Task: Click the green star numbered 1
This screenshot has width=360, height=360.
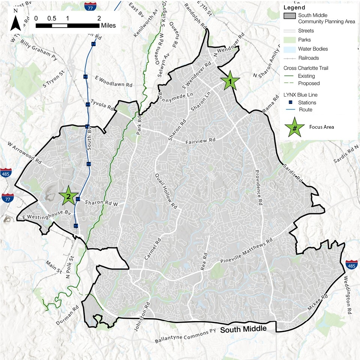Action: [230, 80]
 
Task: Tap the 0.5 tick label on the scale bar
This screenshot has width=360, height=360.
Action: [52, 18]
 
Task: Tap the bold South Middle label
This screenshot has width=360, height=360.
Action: [243, 329]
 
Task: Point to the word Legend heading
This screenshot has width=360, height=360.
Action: [294, 7]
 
